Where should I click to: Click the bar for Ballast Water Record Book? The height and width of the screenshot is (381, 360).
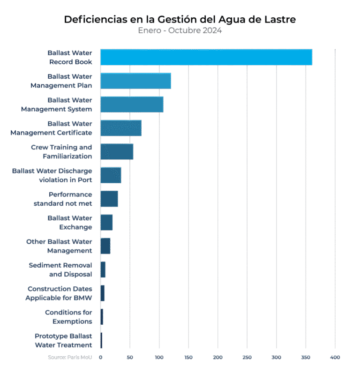(206, 57)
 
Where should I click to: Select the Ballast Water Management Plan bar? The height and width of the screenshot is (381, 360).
(135, 81)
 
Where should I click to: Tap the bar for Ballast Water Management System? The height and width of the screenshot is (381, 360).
(132, 105)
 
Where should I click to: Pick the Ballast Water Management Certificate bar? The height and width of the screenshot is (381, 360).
(121, 128)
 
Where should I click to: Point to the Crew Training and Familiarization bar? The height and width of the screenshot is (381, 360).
(117, 152)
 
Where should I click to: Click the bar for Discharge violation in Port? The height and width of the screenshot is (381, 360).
(111, 175)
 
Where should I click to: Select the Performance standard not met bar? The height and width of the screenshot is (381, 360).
(109, 199)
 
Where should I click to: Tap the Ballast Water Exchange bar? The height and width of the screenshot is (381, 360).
(106, 223)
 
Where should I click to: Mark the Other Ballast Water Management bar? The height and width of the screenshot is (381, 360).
(105, 246)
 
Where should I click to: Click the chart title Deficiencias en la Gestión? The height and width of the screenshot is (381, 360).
(180, 20)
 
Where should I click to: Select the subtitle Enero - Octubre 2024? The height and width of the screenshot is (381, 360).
(180, 30)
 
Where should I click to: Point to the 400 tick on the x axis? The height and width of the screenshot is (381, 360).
(335, 358)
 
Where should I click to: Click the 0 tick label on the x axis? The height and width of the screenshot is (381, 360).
(100, 358)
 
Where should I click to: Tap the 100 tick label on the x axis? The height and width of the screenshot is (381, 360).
(159, 358)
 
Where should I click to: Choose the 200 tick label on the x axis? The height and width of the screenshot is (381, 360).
(217, 358)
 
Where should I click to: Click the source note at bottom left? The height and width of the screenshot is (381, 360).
(69, 358)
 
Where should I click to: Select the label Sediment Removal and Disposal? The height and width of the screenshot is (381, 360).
(60, 269)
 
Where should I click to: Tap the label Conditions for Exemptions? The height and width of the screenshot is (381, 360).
(68, 317)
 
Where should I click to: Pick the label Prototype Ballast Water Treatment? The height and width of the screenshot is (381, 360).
(63, 341)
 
